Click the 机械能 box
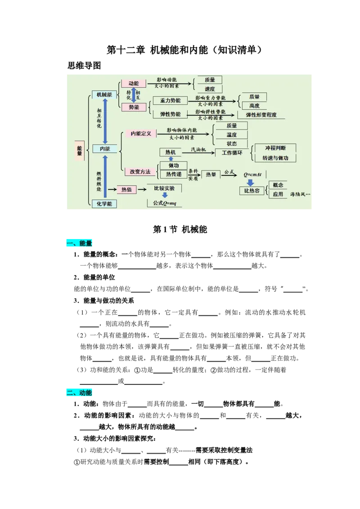tap(104, 94)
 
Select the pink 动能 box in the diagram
tap(134, 84)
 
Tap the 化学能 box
tap(104, 204)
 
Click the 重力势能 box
tap(170, 101)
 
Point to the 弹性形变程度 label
tap(261, 115)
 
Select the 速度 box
tap(210, 89)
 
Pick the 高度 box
tap(254, 106)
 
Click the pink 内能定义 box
tap(141, 134)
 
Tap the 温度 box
tap(232, 134)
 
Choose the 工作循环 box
tap(232, 153)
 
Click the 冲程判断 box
tap(275, 148)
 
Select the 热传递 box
tap(174, 174)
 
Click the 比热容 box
tap(252, 191)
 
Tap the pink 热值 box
tap(126, 190)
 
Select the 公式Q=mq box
tap(165, 203)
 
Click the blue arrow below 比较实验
tap(165, 195)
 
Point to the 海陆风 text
tap(300, 194)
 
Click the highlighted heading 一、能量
tap(79, 243)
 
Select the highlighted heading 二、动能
tap(79, 393)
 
